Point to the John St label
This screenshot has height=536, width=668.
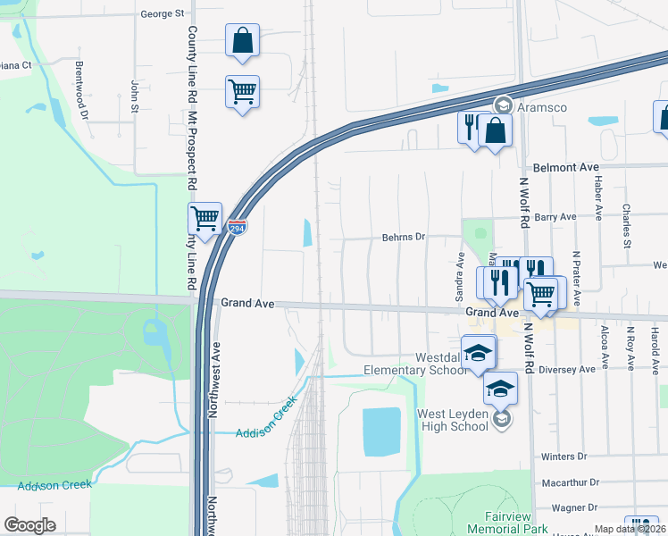(x=136, y=96)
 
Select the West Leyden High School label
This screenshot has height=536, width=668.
(x=454, y=420)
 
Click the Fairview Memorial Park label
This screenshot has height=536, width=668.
(x=495, y=523)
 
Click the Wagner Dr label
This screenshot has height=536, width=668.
(x=573, y=507)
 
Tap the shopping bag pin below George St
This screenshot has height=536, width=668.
(x=242, y=40)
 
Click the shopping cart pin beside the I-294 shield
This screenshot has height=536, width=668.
(x=205, y=217)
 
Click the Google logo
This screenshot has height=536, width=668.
(x=30, y=524)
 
